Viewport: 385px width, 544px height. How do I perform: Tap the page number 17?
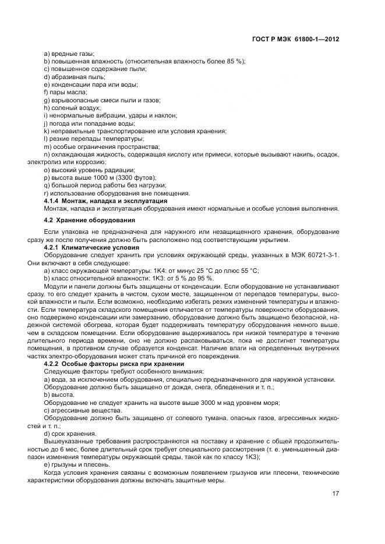[335, 493]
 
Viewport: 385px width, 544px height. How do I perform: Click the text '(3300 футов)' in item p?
[137, 177]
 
